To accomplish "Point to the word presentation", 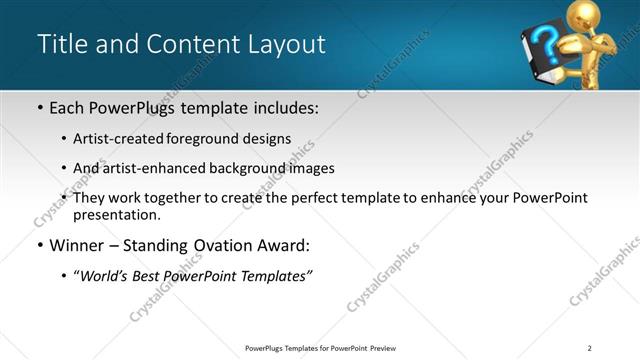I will (115, 215).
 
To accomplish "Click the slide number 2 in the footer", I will (590, 348).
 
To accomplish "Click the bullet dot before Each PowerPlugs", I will (39, 106).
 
